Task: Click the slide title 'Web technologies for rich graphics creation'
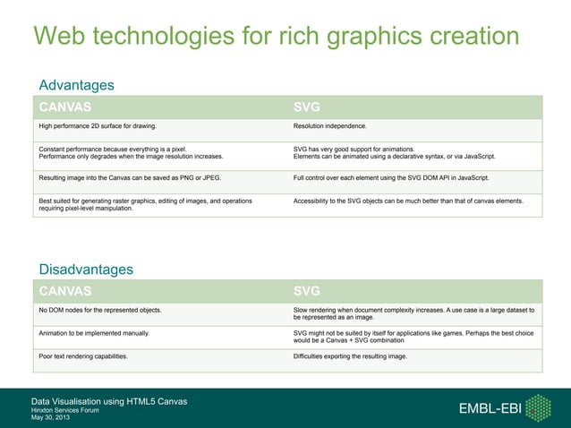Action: click(x=276, y=37)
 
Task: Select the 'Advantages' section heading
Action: click(x=76, y=85)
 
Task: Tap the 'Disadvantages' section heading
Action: click(x=86, y=270)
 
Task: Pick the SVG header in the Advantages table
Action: click(x=307, y=107)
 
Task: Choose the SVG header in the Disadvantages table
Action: click(x=307, y=291)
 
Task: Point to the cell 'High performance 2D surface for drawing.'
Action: click(x=98, y=126)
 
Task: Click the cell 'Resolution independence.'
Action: click(x=329, y=126)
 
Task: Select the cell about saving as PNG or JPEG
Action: click(x=130, y=179)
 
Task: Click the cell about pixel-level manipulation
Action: click(x=145, y=206)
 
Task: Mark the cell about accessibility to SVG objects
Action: click(x=407, y=201)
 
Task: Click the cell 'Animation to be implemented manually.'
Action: click(x=94, y=333)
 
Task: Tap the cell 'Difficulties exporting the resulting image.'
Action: click(x=350, y=356)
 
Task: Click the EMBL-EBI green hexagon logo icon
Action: click(x=538, y=407)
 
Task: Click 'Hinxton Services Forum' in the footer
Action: click(x=64, y=410)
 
